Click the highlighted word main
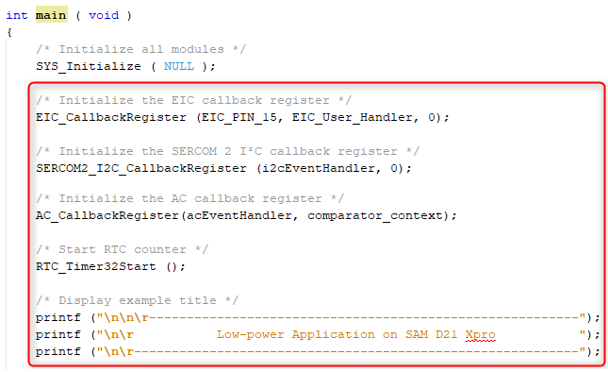[x=51, y=16]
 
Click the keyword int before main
[x=17, y=16]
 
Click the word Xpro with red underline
[x=481, y=335]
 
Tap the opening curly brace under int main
[x=8, y=32]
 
